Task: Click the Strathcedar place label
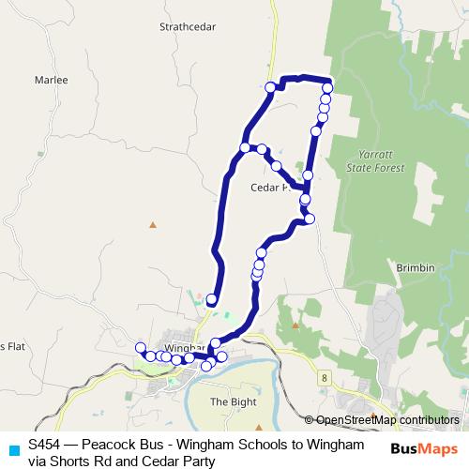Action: [x=189, y=27]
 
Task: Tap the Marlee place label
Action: [x=51, y=81]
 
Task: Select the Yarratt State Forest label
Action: [x=380, y=160]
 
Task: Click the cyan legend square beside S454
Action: [x=13, y=448]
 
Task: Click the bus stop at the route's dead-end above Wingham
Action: [x=212, y=300]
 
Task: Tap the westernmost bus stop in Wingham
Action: [x=141, y=348]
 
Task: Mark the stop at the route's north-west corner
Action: [x=271, y=87]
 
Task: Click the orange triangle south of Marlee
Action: [x=153, y=224]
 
